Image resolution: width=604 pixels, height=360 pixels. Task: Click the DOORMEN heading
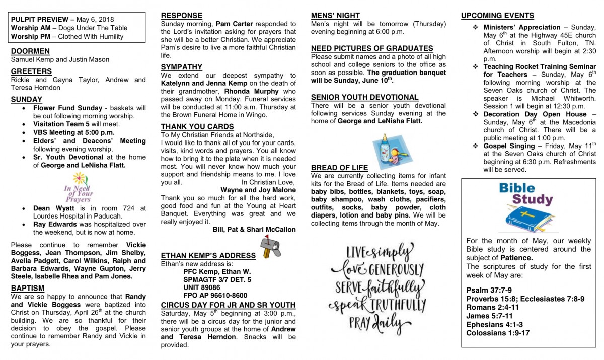coord(30,51)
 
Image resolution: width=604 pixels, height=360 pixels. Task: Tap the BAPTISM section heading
coord(28,288)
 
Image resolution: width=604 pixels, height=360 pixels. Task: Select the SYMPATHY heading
coord(181,67)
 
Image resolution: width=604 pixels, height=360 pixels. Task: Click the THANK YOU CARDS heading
coord(197,126)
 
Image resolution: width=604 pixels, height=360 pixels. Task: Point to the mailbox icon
coord(270,247)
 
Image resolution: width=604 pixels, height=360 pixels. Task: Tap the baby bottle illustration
coord(386,150)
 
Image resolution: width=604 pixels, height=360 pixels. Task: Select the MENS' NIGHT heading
coord(335,16)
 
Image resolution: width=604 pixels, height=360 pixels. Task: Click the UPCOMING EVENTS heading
coord(497,16)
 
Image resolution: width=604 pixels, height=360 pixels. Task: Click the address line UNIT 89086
coord(202,287)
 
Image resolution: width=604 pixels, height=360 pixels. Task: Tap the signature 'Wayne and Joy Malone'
coord(258,190)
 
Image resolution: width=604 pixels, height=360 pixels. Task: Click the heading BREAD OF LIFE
coord(339,168)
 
